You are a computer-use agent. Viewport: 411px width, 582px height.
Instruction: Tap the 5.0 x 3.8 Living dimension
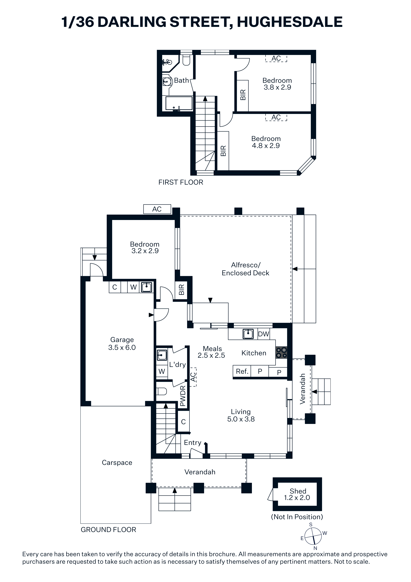pos(241,419)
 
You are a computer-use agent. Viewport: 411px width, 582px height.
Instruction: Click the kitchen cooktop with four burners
pos(281,352)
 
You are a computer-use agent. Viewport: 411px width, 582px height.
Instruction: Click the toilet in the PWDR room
pos(161,391)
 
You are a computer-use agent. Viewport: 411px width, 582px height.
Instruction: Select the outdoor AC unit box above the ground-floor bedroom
pos(157,209)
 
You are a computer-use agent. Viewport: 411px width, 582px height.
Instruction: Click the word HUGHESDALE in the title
pos(290,22)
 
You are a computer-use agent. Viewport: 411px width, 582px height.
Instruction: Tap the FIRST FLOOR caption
pos(181,182)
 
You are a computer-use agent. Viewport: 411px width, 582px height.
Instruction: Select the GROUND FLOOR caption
pos(108,530)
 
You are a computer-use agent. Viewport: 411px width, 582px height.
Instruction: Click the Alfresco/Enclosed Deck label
pos(245,269)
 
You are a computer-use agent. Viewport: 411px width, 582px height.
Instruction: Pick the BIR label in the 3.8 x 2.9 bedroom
pos(243,95)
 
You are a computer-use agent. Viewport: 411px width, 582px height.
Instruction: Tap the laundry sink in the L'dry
pos(162,355)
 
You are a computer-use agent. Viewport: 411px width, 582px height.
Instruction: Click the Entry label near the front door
pos(192,443)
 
